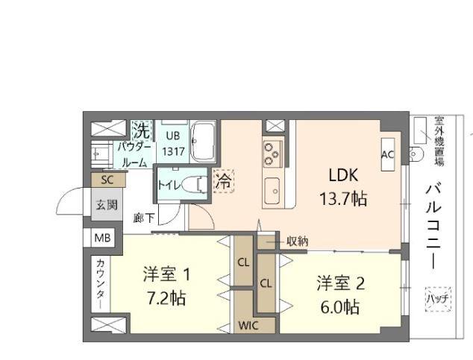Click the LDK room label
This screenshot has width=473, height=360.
pyautogui.click(x=343, y=175)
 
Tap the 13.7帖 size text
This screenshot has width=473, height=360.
pyautogui.click(x=343, y=199)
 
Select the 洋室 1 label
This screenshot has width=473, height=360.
pyautogui.click(x=167, y=275)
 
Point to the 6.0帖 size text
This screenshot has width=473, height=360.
pyautogui.click(x=340, y=307)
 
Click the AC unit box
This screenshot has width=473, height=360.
pyautogui.click(x=388, y=154)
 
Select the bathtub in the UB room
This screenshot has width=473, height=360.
pyautogui.click(x=203, y=142)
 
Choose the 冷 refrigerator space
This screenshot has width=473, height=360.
pyautogui.click(x=224, y=181)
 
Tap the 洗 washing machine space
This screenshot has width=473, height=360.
pyautogui.click(x=142, y=130)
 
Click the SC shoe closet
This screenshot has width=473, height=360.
pyautogui.click(x=108, y=180)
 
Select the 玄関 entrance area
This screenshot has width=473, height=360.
pyautogui.click(x=107, y=204)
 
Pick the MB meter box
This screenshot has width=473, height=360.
pyautogui.click(x=103, y=238)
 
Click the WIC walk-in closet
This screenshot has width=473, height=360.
pyautogui.click(x=248, y=325)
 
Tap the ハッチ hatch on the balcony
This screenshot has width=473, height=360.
pyautogui.click(x=438, y=299)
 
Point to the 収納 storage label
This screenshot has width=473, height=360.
pyautogui.click(x=297, y=241)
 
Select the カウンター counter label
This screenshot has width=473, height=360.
pyautogui.click(x=101, y=284)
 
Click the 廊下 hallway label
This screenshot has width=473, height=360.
pyautogui.click(x=144, y=218)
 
